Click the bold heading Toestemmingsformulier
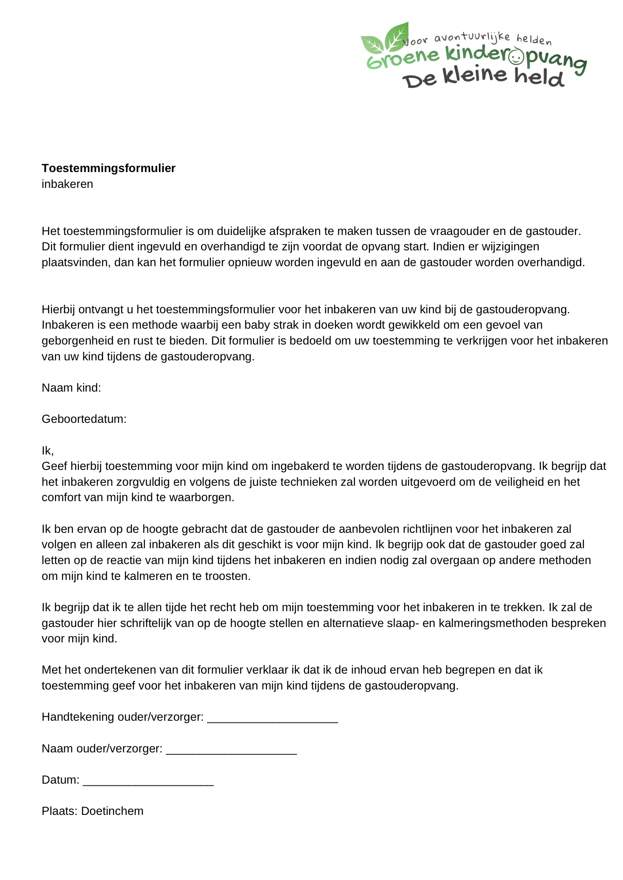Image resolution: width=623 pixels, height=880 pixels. pyautogui.click(x=108, y=168)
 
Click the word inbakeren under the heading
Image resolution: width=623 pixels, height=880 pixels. pyautogui.click(x=67, y=184)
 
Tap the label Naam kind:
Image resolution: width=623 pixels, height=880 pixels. pyautogui.click(x=71, y=388)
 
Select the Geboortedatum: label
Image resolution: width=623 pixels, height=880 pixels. pyautogui.click(x=84, y=419)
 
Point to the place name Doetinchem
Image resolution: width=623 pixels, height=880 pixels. pyautogui.click(x=112, y=811)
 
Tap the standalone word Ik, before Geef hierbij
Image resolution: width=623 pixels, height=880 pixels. pyautogui.click(x=48, y=451)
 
